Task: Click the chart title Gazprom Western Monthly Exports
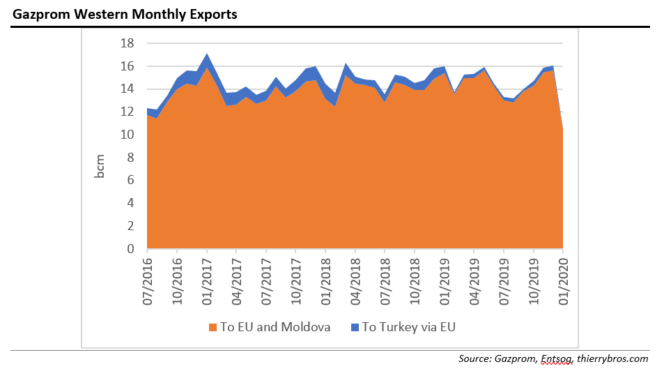125,14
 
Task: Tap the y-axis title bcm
100,165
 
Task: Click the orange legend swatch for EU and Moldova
213,327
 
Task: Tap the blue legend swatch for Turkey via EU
353,327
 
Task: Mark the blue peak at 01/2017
207,56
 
